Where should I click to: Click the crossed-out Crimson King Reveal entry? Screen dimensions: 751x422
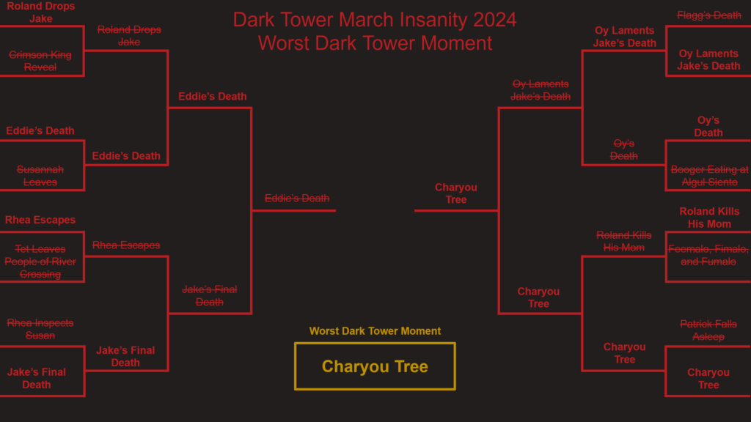(40, 62)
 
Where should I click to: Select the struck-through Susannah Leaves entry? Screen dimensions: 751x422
(40, 176)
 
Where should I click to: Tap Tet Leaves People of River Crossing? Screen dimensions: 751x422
(40, 262)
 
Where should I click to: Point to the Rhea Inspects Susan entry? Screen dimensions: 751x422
(40, 329)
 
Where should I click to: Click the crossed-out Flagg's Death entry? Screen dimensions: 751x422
(709, 15)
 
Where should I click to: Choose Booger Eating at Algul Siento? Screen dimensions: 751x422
(709, 176)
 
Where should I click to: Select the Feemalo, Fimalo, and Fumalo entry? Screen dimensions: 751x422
(708, 255)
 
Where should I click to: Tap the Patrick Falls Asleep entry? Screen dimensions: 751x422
(708, 330)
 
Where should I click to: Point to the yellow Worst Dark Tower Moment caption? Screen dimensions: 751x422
(375, 331)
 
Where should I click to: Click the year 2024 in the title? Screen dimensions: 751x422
(495, 20)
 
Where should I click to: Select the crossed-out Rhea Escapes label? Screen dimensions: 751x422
(126, 245)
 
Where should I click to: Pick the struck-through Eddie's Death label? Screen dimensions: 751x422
(297, 198)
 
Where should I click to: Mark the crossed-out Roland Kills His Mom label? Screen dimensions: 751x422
(623, 241)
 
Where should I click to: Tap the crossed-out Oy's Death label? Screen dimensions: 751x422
(623, 149)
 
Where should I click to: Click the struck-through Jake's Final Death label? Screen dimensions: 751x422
(209, 296)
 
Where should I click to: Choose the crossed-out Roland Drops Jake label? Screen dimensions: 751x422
(129, 35)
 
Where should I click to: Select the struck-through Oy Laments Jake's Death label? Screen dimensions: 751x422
(541, 90)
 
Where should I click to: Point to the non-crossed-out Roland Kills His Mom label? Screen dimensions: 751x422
(709, 218)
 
